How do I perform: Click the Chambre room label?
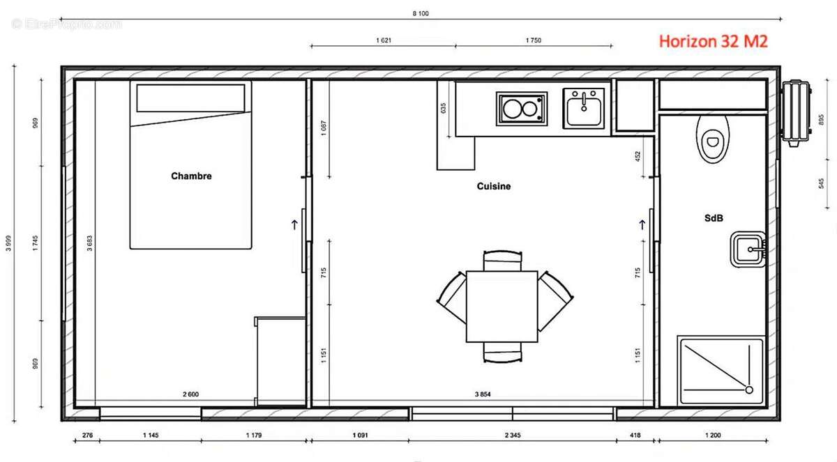(x=191, y=176)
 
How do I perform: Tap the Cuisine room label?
(x=494, y=187)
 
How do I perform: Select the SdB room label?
(x=713, y=218)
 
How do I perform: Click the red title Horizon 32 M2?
(x=713, y=42)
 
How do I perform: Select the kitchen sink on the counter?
(x=584, y=109)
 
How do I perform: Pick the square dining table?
(x=502, y=307)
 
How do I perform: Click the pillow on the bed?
(x=190, y=98)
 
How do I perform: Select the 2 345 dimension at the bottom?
(x=512, y=436)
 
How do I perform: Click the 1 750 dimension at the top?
(x=533, y=40)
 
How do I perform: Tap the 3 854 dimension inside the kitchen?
(x=483, y=394)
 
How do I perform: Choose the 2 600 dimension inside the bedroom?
(x=190, y=394)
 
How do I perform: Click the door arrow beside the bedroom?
(x=294, y=224)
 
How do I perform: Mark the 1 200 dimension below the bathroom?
(x=712, y=436)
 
